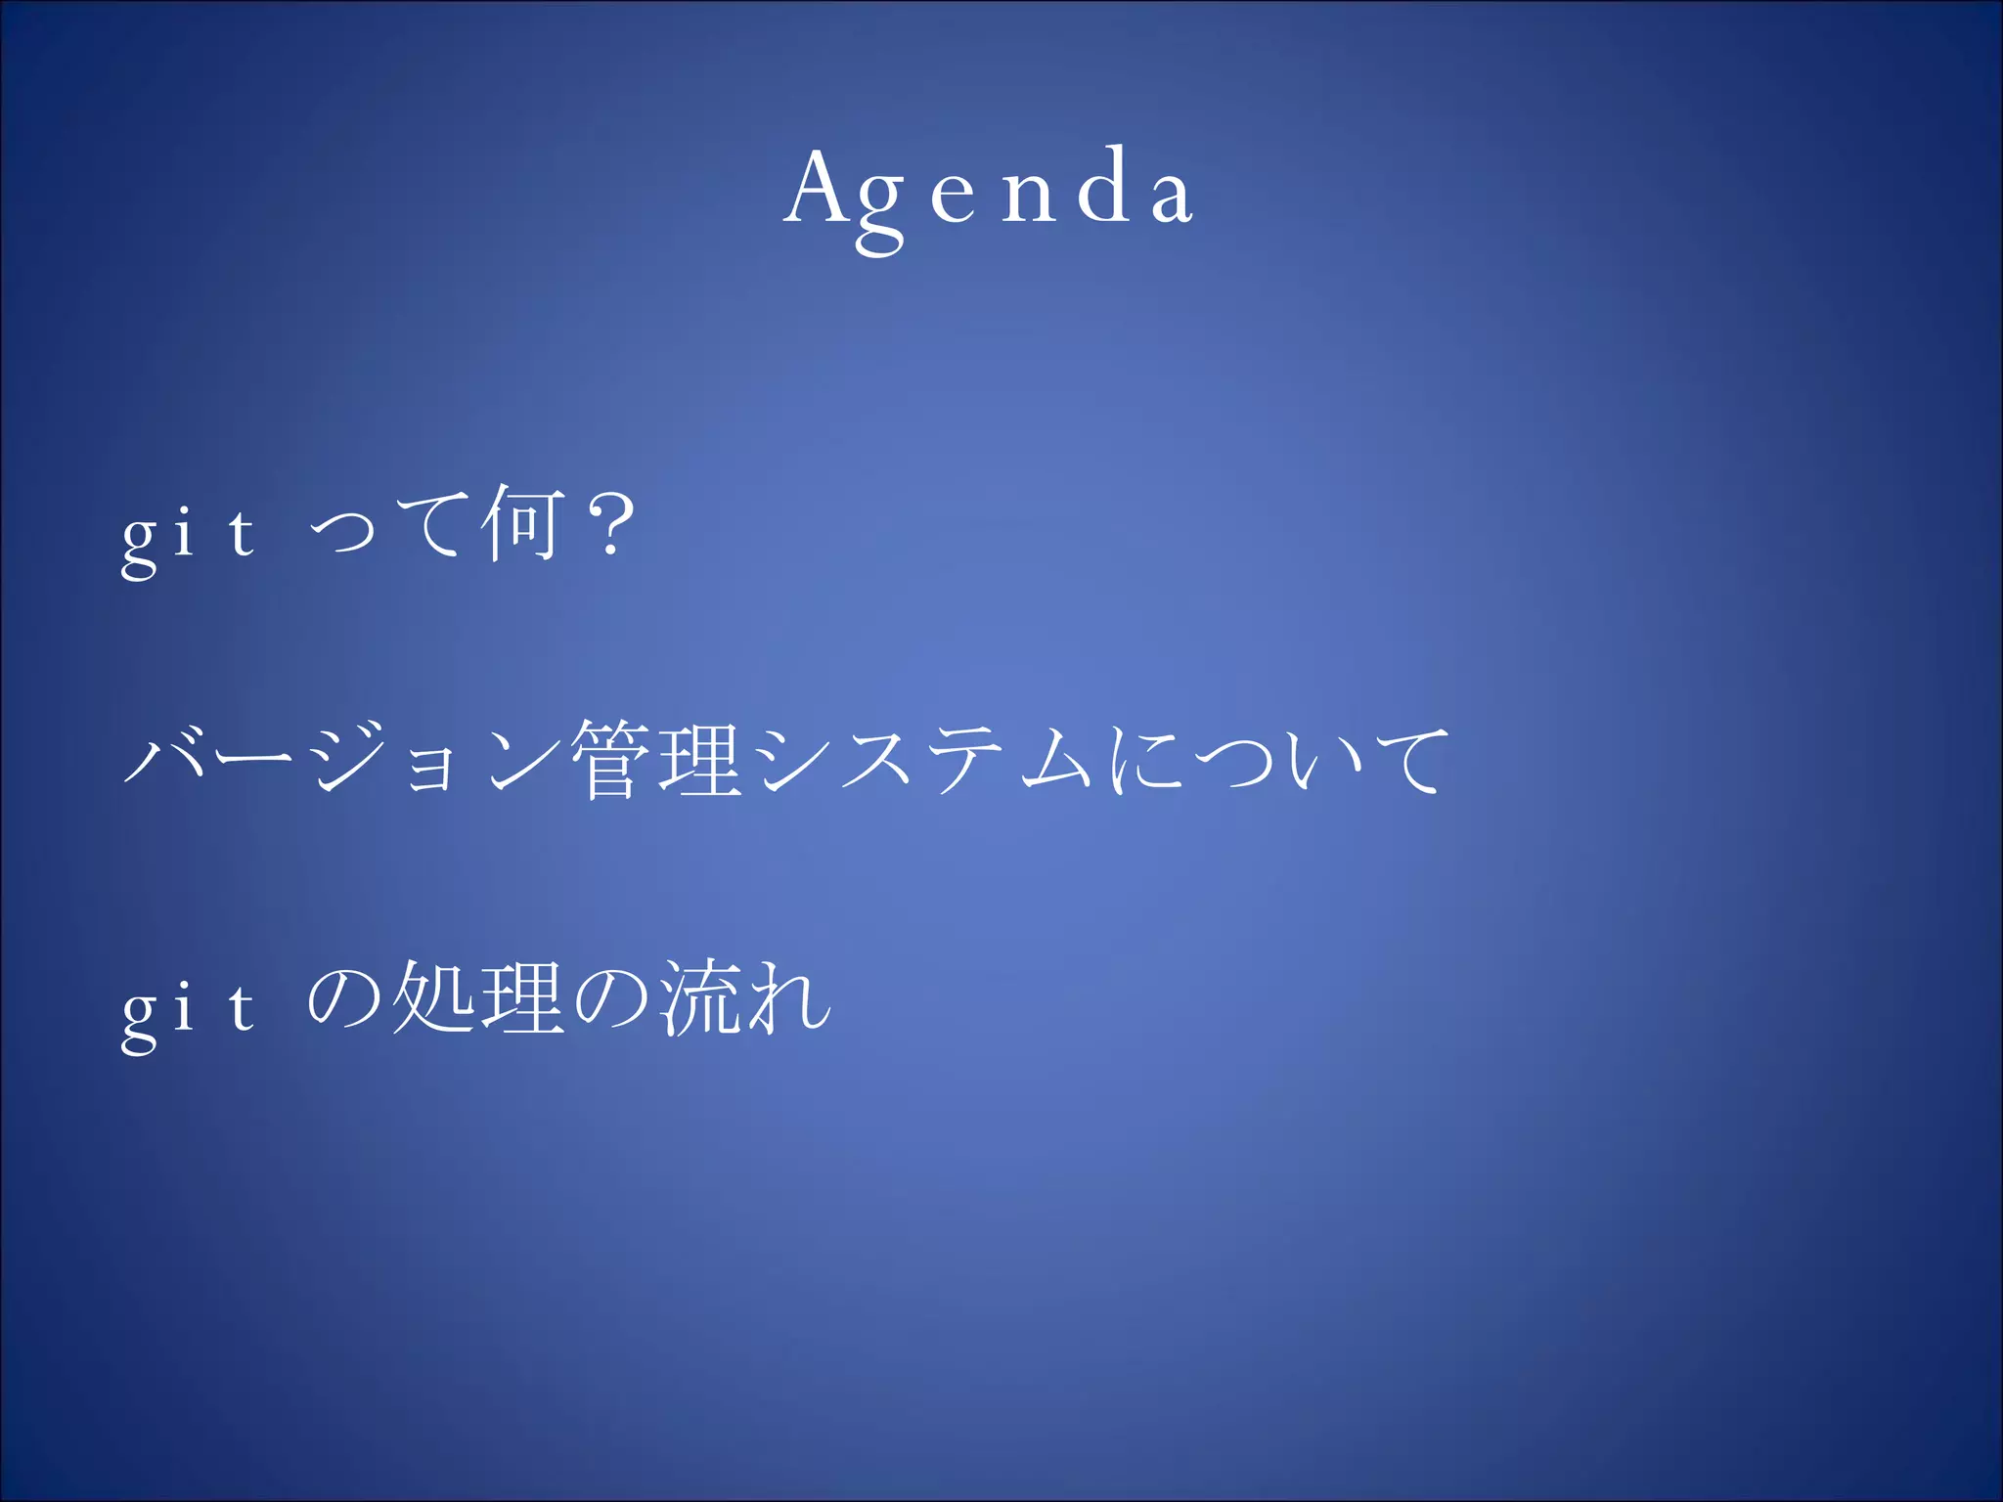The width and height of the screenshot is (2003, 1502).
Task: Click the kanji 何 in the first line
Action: (524, 525)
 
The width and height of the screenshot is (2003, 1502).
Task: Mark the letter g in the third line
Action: (139, 1017)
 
